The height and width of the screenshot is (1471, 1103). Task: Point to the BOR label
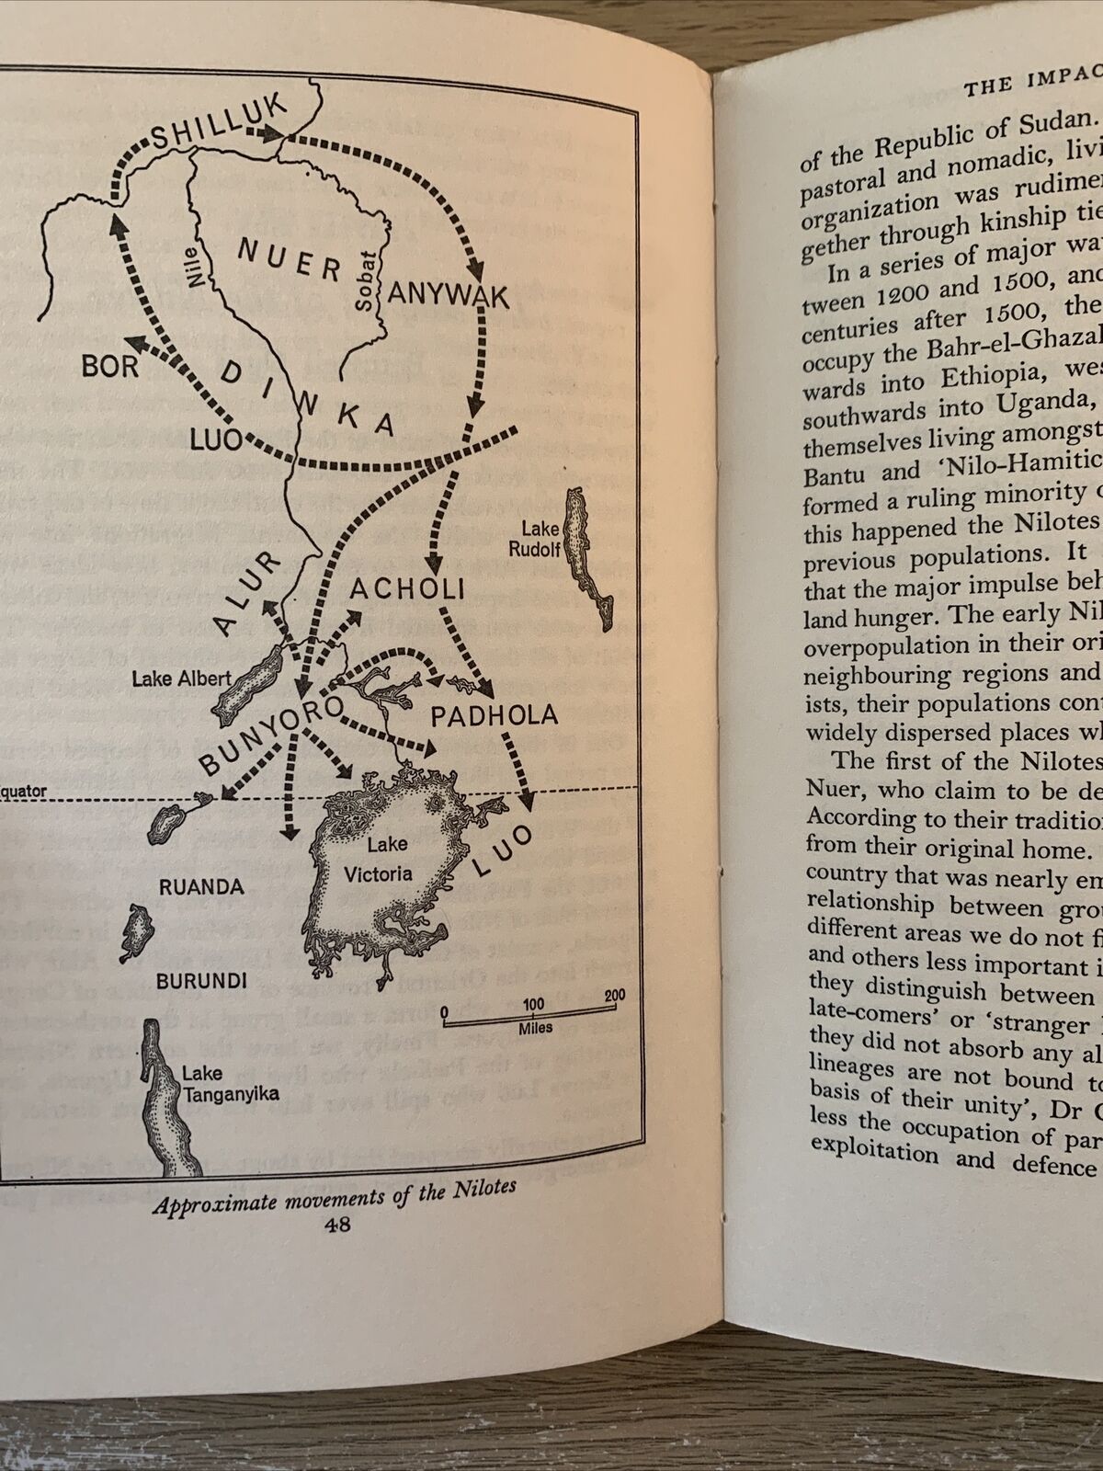110,367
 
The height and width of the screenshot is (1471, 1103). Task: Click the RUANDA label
201,887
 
